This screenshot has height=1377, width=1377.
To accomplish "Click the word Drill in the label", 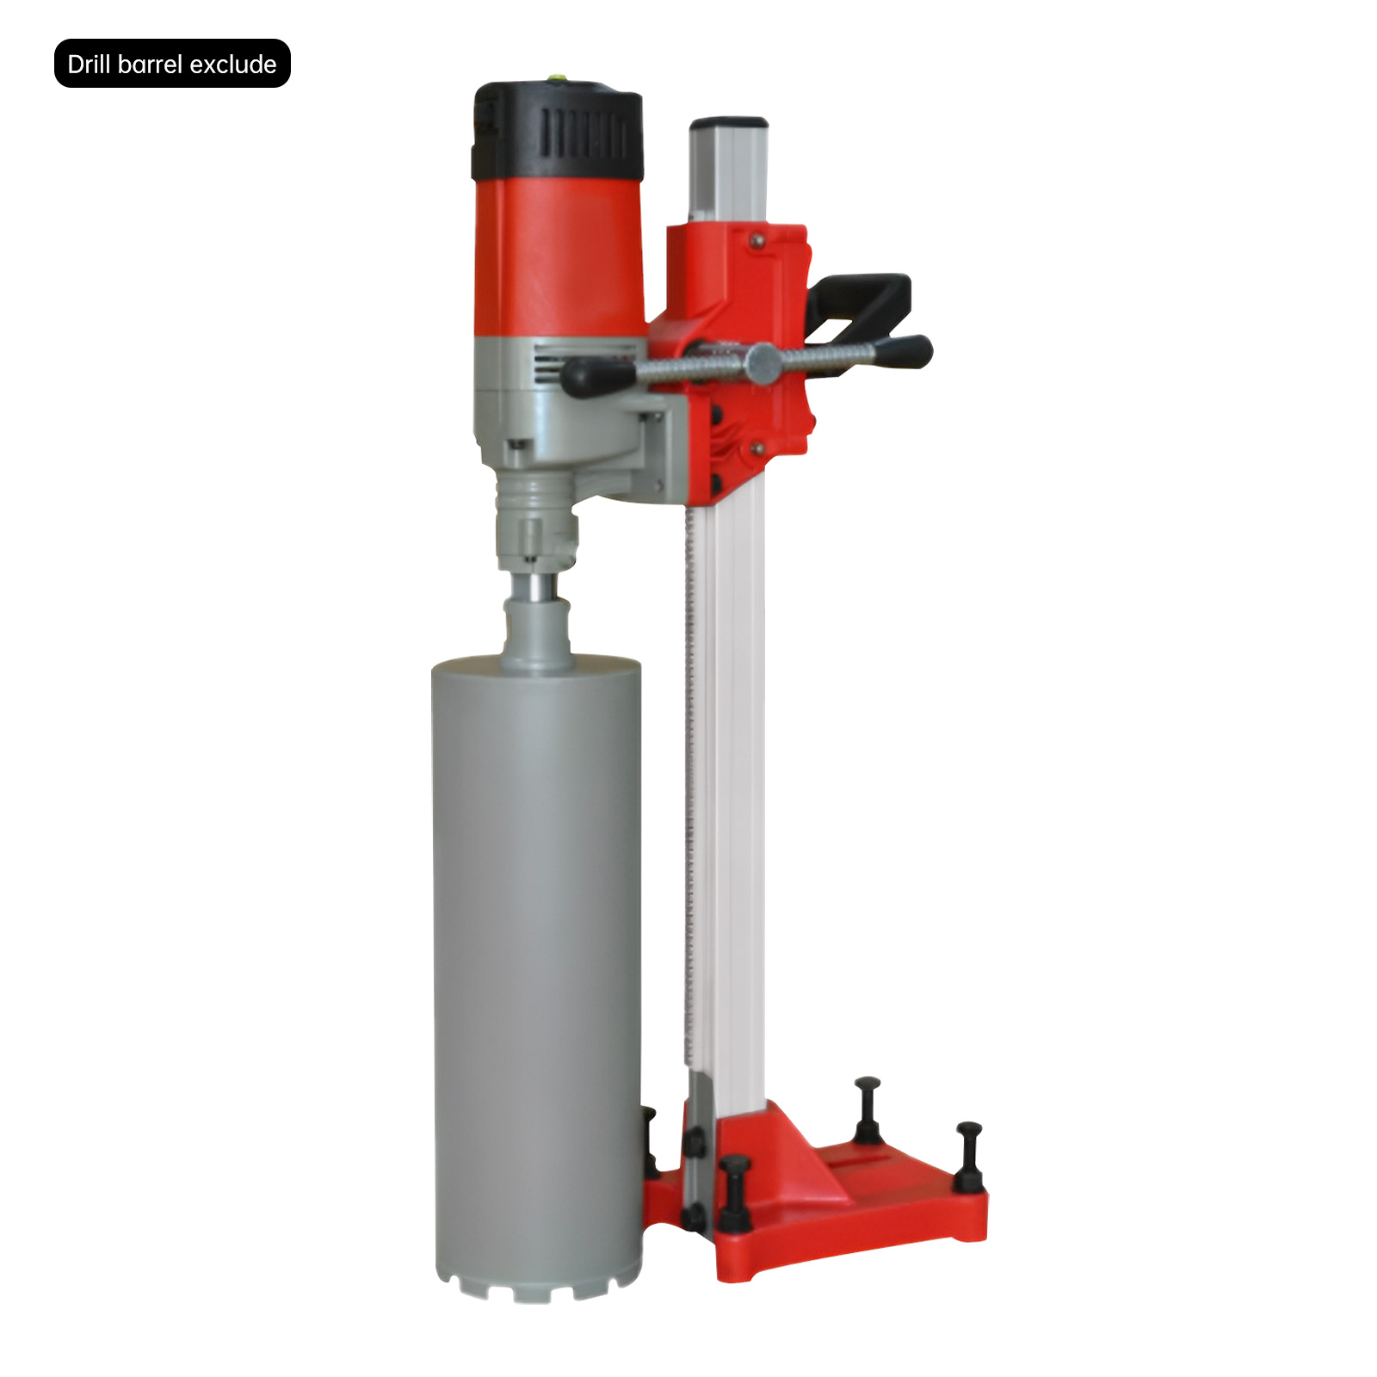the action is (x=90, y=65).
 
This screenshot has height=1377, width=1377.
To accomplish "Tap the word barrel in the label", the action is (x=151, y=65).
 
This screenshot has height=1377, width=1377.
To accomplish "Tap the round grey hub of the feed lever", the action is (x=763, y=363).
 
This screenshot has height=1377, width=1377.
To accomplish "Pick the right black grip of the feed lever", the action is (x=902, y=352).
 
